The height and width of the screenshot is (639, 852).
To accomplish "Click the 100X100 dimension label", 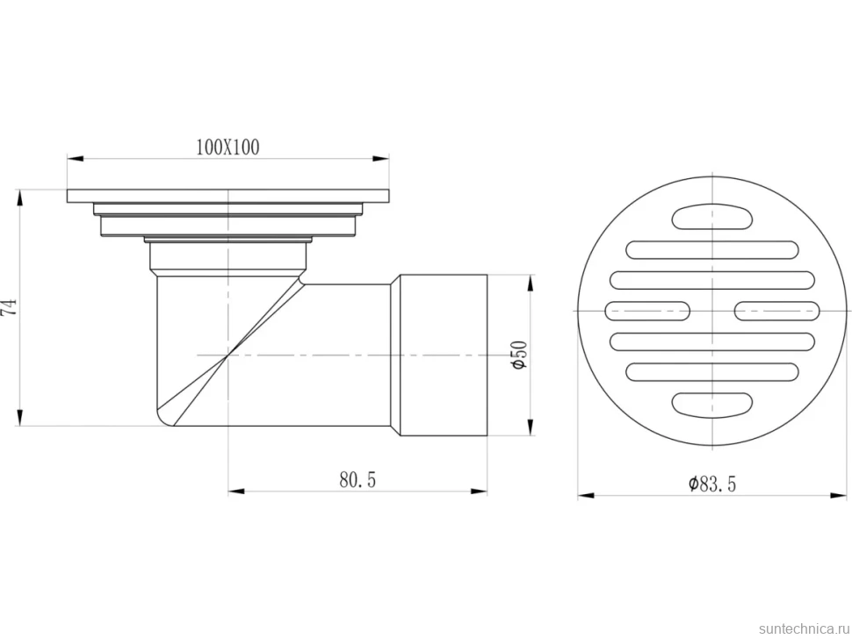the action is [227, 147].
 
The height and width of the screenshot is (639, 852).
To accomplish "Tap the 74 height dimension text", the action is [10, 307].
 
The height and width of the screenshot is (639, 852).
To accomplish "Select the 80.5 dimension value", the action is [357, 479].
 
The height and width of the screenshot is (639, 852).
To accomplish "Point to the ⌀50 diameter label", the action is [519, 355].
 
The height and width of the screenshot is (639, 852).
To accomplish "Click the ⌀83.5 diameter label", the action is [712, 483].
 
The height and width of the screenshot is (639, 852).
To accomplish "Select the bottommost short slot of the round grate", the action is [712, 403].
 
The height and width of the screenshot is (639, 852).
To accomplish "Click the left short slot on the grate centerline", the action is [647, 311].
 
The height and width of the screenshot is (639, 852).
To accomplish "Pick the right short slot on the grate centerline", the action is [777, 311].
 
